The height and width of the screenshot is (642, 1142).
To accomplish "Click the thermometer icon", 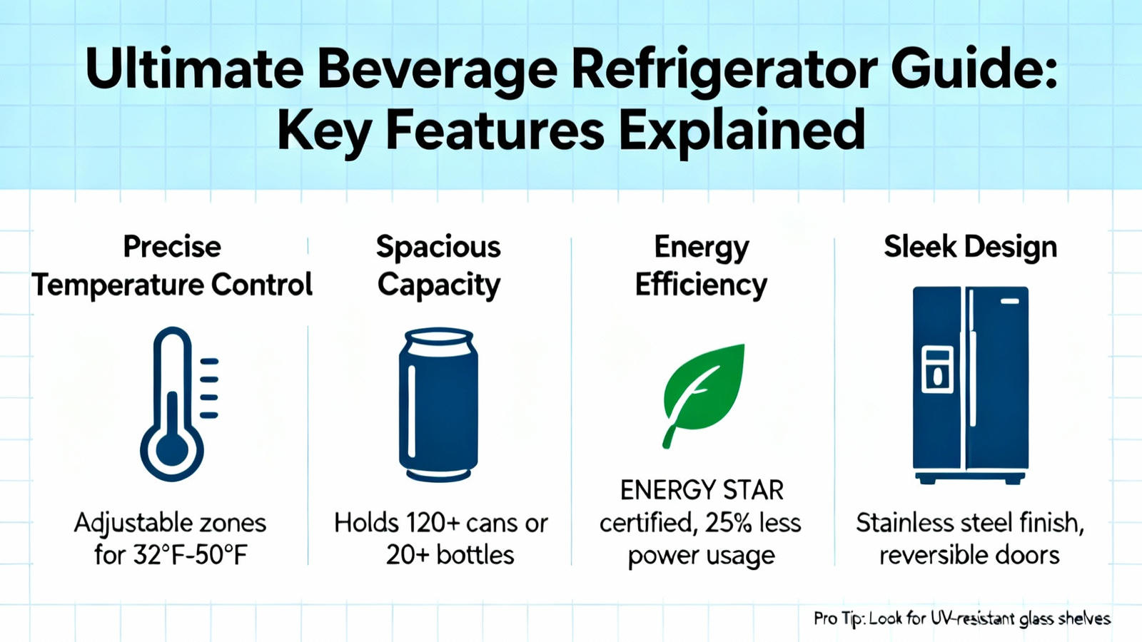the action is (179, 404).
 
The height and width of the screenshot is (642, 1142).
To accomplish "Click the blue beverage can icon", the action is (438, 405).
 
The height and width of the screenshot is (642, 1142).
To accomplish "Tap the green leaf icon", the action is (704, 396).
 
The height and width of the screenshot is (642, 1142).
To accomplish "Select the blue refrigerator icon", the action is (970, 385).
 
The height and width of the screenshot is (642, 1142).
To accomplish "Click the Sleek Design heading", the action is (970, 247).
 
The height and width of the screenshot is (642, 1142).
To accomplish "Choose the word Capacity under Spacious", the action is (438, 285).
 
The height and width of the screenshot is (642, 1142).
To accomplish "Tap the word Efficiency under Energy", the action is (701, 285).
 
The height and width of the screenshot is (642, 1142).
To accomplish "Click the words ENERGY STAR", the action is (702, 491).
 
